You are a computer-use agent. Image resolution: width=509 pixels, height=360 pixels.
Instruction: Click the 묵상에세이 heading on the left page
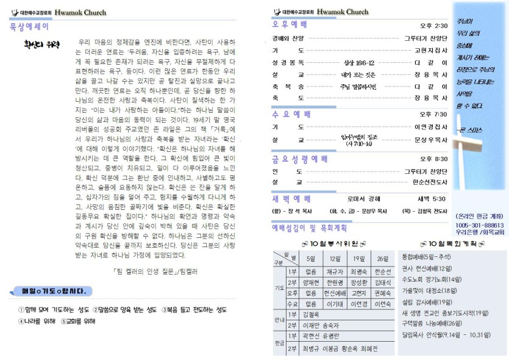[30, 26]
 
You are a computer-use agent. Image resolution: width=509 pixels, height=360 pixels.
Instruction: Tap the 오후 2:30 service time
[433, 26]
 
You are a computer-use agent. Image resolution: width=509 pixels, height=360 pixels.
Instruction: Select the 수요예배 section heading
[291, 114]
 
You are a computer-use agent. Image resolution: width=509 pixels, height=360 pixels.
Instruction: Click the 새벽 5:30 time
[431, 199]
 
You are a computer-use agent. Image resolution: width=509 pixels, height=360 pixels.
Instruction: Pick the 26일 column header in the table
[382, 258]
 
